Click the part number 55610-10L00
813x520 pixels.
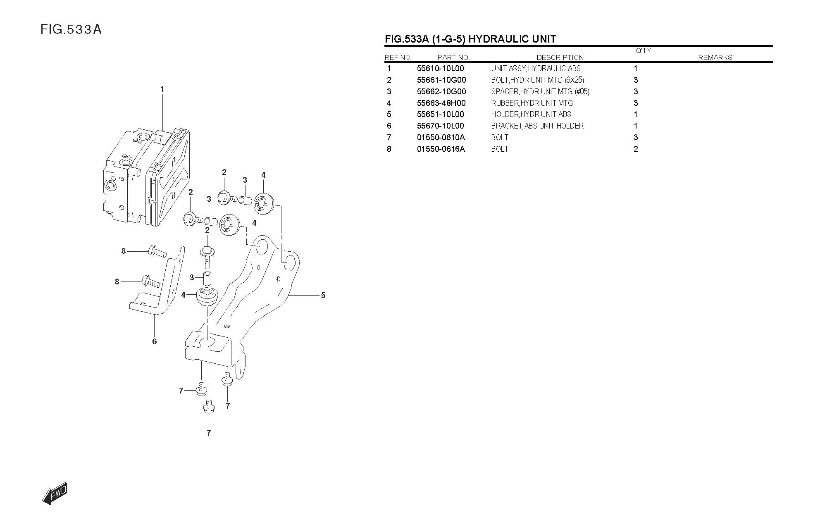[440, 69]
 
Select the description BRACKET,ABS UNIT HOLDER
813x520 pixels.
[537, 126]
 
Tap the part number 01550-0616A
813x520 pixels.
[441, 149]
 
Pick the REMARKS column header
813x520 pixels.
[715, 58]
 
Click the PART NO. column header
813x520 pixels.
[453, 58]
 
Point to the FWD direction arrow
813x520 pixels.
[55, 493]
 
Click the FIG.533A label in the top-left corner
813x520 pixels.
[71, 30]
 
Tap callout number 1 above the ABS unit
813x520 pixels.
[162, 89]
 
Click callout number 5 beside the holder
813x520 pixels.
[323, 295]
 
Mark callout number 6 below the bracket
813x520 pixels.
[155, 341]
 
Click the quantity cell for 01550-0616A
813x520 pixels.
[636, 149]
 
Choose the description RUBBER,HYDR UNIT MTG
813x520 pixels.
[532, 103]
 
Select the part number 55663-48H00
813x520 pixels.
[441, 103]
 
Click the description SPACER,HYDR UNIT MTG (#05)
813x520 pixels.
[540, 92]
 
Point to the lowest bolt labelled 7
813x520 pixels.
[209, 407]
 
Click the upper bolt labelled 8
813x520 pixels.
[156, 251]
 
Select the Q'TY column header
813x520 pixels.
[643, 51]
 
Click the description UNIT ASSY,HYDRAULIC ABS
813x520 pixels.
[536, 69]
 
